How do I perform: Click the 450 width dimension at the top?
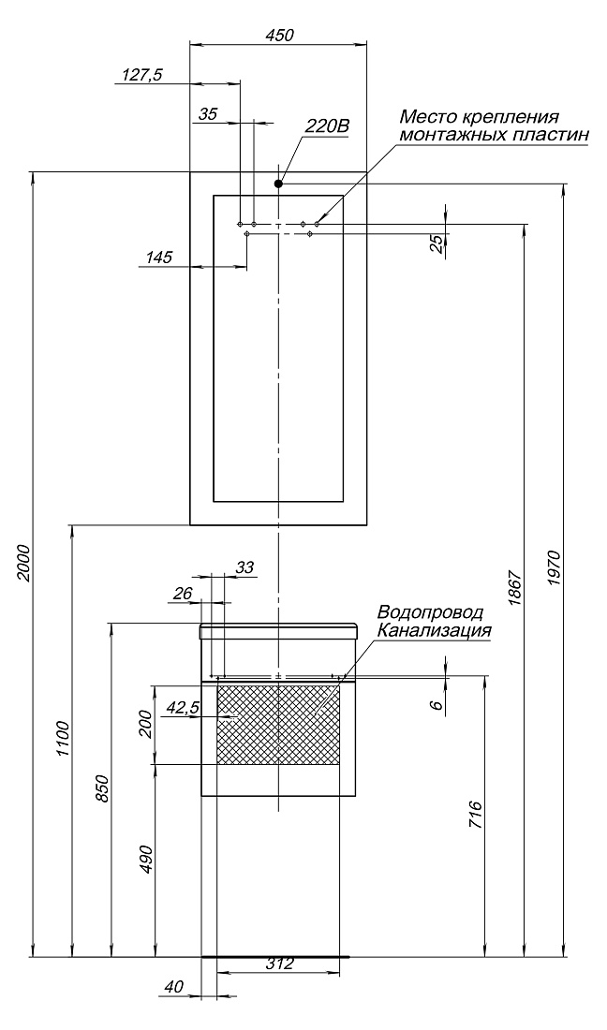click(279, 35)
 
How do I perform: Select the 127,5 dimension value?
click(141, 75)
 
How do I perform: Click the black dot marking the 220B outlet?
click(279, 184)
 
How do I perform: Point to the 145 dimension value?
click(159, 257)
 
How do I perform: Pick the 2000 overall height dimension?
click(24, 563)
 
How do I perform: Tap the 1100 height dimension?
click(63, 740)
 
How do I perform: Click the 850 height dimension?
click(102, 787)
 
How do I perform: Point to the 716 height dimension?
click(476, 815)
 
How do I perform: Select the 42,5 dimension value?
click(184, 708)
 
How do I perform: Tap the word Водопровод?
click(430, 612)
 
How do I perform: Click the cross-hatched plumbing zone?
click(278, 725)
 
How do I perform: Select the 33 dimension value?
click(245, 567)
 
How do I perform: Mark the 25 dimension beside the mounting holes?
click(436, 244)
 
